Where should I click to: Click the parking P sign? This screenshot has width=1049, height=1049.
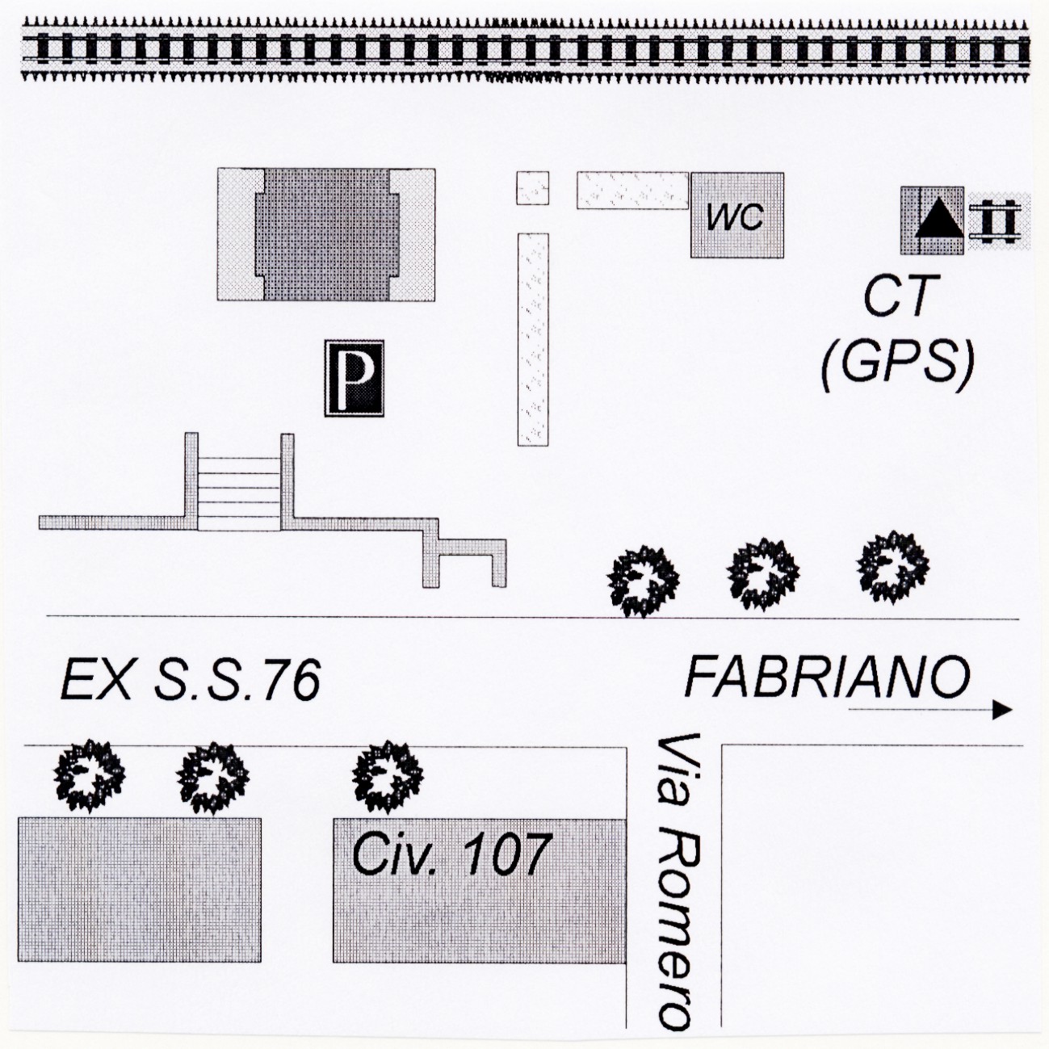click(355, 379)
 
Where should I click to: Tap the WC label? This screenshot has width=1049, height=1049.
click(736, 217)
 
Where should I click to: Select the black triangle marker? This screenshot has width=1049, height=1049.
click(939, 218)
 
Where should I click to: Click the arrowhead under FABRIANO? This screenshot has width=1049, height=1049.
click(1002, 710)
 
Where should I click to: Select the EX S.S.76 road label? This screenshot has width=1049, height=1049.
click(190, 679)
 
